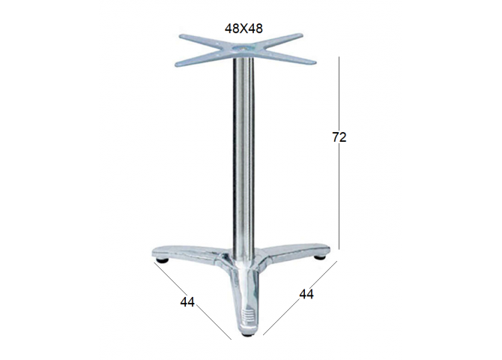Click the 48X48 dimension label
click(244, 28)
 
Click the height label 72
click(339, 137)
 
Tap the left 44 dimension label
click(187, 302)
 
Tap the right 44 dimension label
click(306, 294)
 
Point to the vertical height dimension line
click(339, 152)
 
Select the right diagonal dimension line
click(300, 298)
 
